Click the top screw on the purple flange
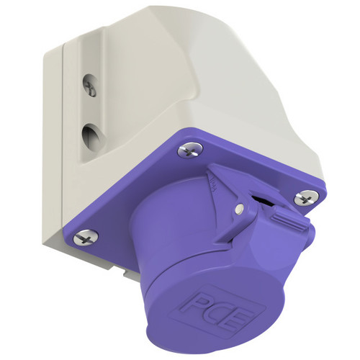tap(190, 150)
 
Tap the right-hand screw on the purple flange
tap(307, 197)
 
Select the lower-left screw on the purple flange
tap(86, 237)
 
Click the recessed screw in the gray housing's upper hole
tap(91, 86)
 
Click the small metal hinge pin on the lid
tap(239, 208)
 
